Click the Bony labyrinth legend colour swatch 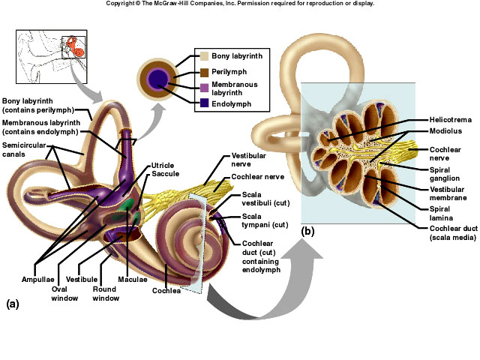203,56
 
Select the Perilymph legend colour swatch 203,72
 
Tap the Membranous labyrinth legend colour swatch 203,88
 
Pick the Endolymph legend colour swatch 203,103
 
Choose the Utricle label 163,164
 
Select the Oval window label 64,292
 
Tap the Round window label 106,292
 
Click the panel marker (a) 13,304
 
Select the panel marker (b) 307,231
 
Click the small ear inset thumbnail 51,57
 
